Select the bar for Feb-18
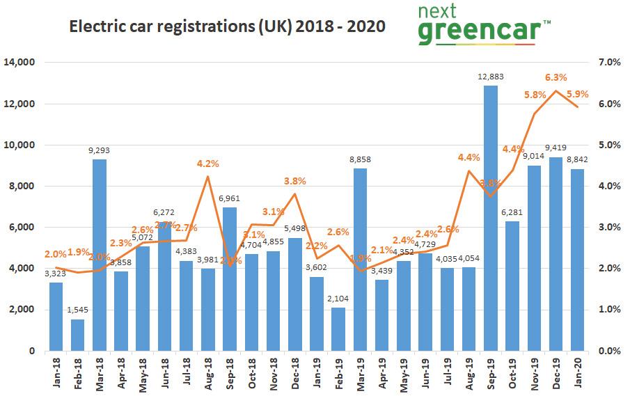pyautogui.click(x=77, y=335)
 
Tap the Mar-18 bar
pyautogui.click(x=99, y=255)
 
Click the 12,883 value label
pyautogui.click(x=491, y=77)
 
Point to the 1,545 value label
pyautogui.click(x=77, y=310)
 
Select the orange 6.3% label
pyautogui.click(x=555, y=77)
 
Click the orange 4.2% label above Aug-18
pyautogui.click(x=207, y=164)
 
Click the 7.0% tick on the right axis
pyautogui.click(x=610, y=63)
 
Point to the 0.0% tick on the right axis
pyautogui.click(x=610, y=351)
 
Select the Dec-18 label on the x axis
pyautogui.click(x=294, y=376)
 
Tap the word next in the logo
pyautogui.click(x=439, y=11)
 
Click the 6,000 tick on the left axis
pyautogui.click(x=23, y=228)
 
